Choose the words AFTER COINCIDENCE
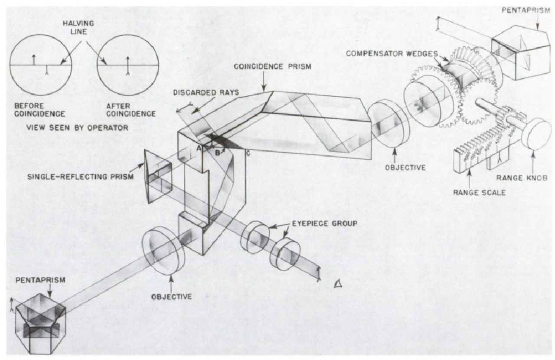[127, 110]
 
